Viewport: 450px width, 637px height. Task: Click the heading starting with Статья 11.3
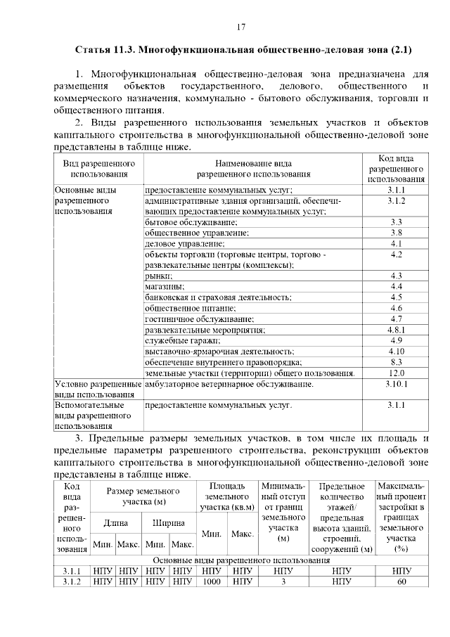(x=243, y=51)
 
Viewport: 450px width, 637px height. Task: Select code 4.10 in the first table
(x=395, y=350)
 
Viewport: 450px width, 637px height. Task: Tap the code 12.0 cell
(x=395, y=373)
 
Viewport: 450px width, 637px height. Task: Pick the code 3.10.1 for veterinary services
(x=395, y=385)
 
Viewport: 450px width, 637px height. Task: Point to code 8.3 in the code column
(x=395, y=361)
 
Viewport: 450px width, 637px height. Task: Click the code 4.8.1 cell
(x=395, y=328)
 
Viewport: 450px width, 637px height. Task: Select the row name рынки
(x=157, y=276)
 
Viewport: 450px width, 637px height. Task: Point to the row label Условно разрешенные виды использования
(x=98, y=390)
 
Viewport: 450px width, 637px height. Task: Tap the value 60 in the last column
(x=401, y=581)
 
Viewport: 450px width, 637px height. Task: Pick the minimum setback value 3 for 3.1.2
(x=283, y=581)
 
